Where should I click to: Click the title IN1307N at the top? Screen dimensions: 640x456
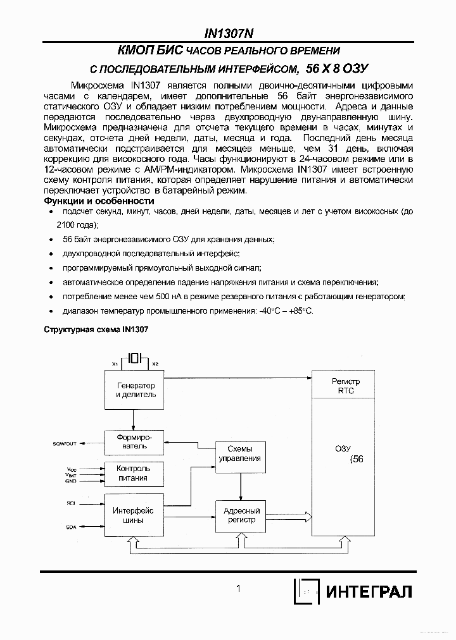pyautogui.click(x=228, y=34)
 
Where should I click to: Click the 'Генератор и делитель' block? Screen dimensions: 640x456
pyautogui.click(x=136, y=390)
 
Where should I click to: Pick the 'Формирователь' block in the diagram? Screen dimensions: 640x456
pyautogui.click(x=133, y=441)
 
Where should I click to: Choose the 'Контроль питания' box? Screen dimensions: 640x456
pyautogui.click(x=133, y=473)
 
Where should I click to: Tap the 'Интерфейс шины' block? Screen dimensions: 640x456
pyautogui.click(x=133, y=515)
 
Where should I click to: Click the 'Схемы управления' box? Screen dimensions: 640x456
pyautogui.click(x=239, y=453)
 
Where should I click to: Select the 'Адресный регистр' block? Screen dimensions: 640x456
pyautogui.click(x=239, y=515)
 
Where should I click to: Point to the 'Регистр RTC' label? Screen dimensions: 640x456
pyautogui.click(x=346, y=386)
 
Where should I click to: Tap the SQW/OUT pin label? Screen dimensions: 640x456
pyautogui.click(x=65, y=444)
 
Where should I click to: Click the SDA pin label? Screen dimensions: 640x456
pyautogui.click(x=70, y=527)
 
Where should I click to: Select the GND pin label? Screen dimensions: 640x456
pyautogui.click(x=70, y=481)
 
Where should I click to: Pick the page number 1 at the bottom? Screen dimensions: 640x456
pyautogui.click(x=238, y=589)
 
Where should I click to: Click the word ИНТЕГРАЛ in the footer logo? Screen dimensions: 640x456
pyautogui.click(x=369, y=592)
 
